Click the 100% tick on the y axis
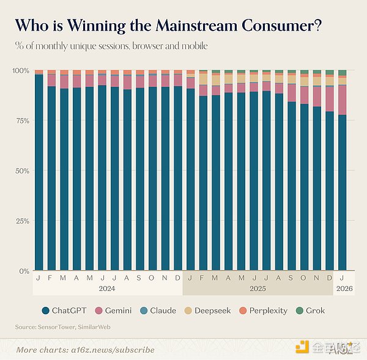pyautogui.click(x=21, y=71)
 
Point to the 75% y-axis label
pyautogui.click(x=22, y=121)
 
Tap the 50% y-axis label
pyautogui.click(x=22, y=171)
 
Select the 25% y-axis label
pyautogui.click(x=22, y=221)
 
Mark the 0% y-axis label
pyautogui.click(x=24, y=271)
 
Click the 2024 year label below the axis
pyautogui.click(x=108, y=288)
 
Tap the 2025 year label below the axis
pyautogui.click(x=259, y=288)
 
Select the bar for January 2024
pyautogui.click(x=39, y=171)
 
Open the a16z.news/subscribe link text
pyautogui.click(x=115, y=350)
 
